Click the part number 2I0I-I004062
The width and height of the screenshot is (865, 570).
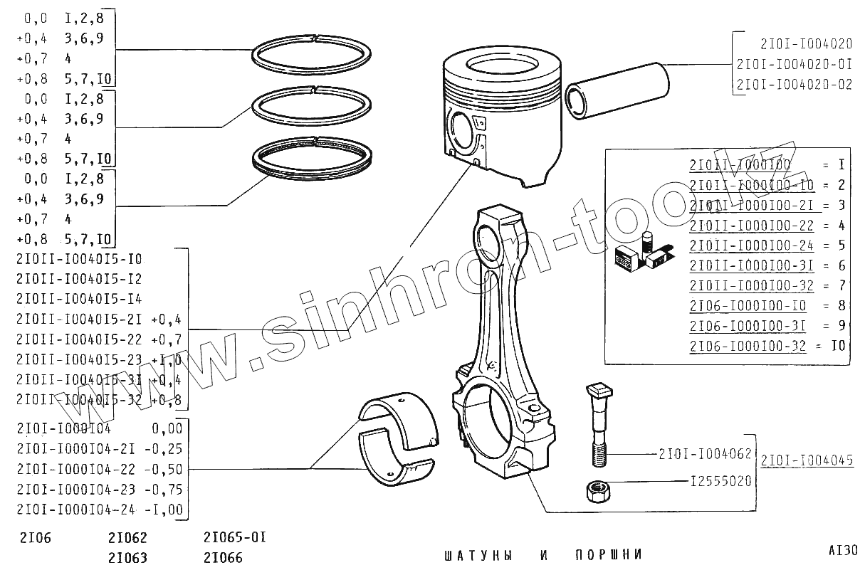(706, 453)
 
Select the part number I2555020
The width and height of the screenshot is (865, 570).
(720, 482)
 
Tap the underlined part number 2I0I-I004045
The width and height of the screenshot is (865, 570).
(807, 460)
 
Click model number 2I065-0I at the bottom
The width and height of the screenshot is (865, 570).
(234, 537)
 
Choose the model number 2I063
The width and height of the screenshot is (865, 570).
(128, 557)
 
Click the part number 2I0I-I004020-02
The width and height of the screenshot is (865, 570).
(794, 84)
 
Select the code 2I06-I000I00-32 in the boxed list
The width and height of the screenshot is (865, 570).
(748, 346)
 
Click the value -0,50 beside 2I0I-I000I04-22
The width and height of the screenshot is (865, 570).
(167, 469)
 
